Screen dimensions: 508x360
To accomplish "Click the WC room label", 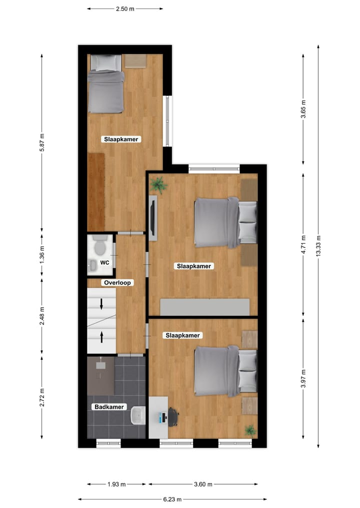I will pos(105,262).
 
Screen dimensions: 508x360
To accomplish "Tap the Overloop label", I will pos(117,283).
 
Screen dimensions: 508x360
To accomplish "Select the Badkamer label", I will pos(109,407).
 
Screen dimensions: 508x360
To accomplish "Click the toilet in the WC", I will pos(99,246).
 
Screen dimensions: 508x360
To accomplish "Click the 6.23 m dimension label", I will pos(172,499).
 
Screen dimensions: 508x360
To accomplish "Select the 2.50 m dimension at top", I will pos(125,8).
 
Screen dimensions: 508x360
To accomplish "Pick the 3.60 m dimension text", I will pos(203,484).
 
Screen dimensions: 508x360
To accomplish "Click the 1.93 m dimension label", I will pos(117,484).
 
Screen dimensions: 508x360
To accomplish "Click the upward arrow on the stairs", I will pos(102,337).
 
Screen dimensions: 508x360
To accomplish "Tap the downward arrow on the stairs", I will pos(102,303).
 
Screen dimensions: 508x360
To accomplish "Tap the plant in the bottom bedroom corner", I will pos(250,430).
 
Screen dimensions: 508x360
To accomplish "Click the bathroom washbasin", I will pos(137,415).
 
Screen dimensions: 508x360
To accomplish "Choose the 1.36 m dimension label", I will pos(42,255).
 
